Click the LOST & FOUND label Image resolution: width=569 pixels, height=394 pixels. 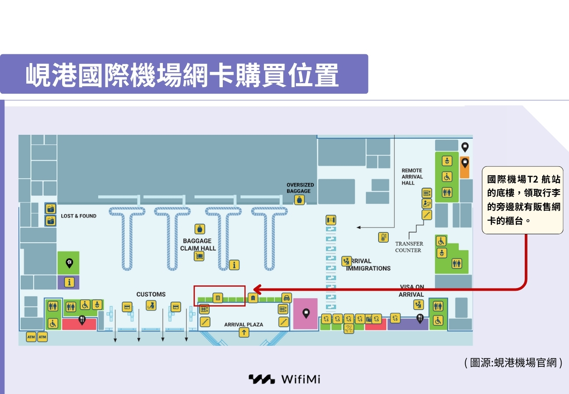[79, 216]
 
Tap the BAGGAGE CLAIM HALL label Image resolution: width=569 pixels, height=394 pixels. [197, 244]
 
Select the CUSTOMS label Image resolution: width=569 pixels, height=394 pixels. [151, 294]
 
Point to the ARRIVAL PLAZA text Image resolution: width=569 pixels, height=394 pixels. [244, 324]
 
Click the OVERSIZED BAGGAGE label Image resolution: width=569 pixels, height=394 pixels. [300, 188]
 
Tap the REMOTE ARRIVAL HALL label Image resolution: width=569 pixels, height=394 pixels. [412, 176]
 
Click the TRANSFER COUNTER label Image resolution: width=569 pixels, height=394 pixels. [409, 247]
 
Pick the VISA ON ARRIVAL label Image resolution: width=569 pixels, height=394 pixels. [411, 291]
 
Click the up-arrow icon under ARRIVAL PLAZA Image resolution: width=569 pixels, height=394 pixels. [244, 332]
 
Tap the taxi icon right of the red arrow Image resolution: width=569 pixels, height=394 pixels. [287, 298]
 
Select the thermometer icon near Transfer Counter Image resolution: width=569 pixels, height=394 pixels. [383, 237]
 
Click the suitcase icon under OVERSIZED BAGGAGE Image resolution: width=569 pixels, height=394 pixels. [299, 200]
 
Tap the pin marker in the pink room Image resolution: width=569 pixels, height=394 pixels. [306, 313]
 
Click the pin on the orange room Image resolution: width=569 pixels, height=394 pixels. [464, 163]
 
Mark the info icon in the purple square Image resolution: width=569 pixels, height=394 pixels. [69, 282]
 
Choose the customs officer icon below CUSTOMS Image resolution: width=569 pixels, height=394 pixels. [151, 305]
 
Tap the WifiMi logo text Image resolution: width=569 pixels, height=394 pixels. [301, 379]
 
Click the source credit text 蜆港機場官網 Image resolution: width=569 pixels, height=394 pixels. [513, 362]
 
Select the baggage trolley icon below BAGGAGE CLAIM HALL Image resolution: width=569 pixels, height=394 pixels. [199, 256]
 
